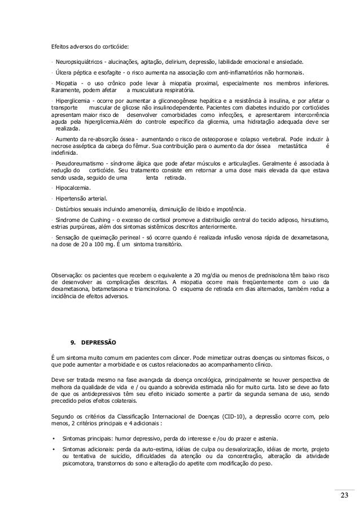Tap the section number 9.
pyautogui.click(x=71, y=342)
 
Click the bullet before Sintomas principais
pyautogui.click(x=53, y=439)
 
